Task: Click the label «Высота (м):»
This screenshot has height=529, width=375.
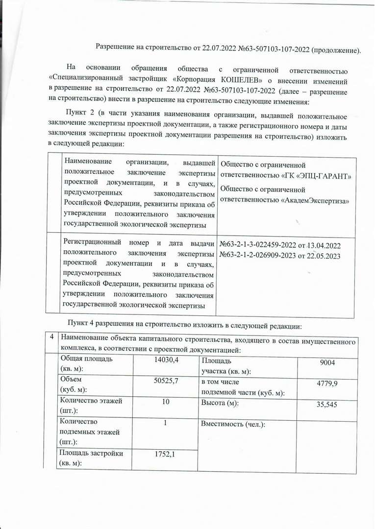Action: pyautogui.click(x=220, y=403)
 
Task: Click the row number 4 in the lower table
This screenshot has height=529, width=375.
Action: pyautogui.click(x=51, y=337)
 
